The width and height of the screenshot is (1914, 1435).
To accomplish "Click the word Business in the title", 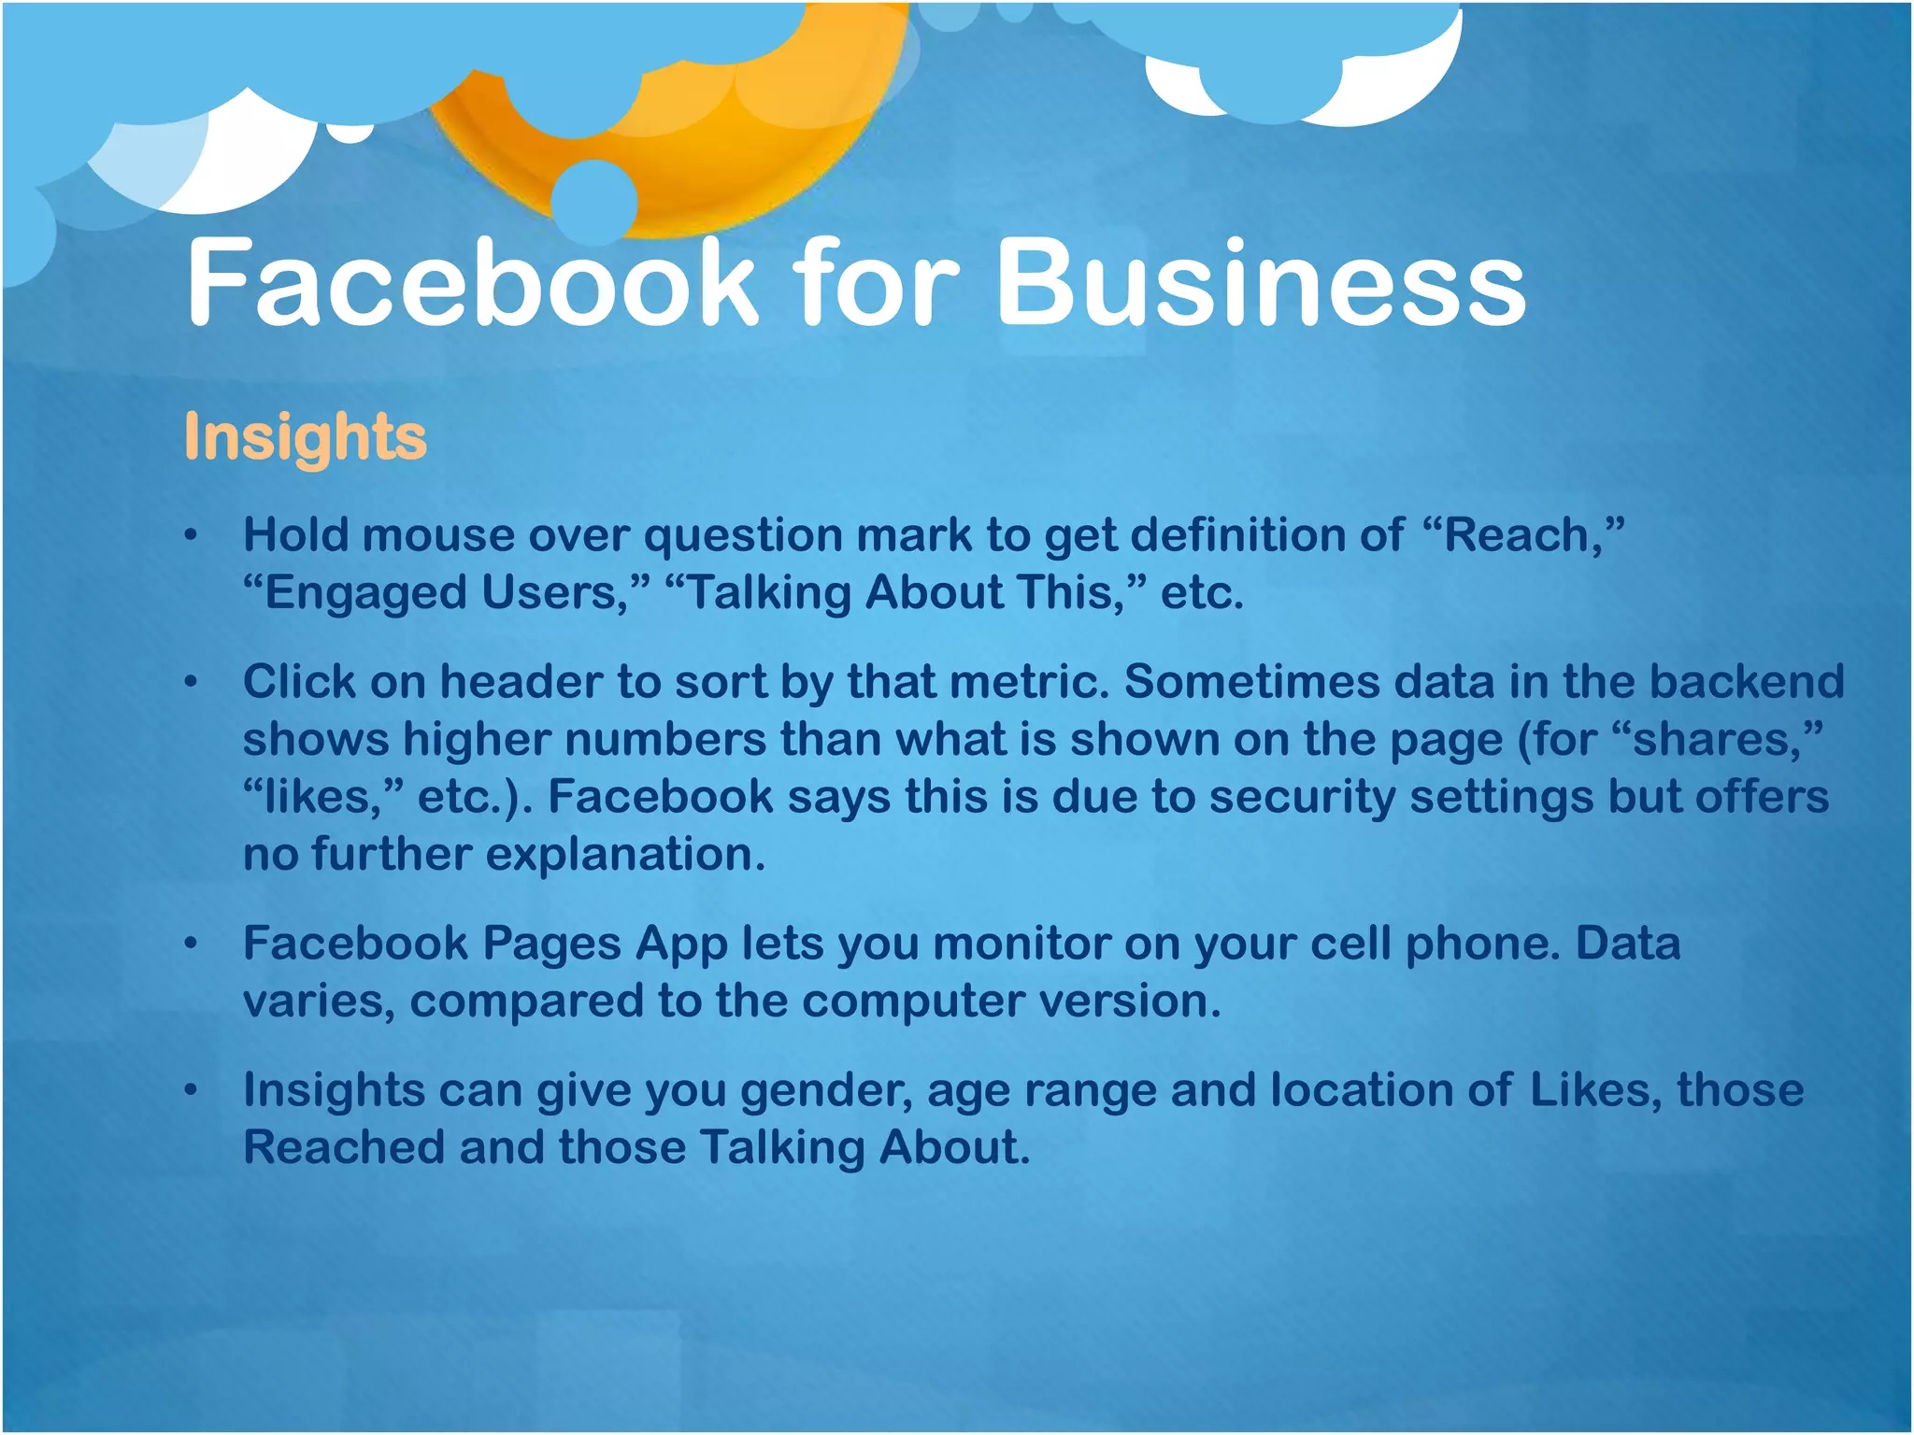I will tap(1261, 283).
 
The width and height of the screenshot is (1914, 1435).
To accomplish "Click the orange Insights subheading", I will tap(306, 437).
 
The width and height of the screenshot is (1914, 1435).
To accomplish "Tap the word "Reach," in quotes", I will tap(1522, 535).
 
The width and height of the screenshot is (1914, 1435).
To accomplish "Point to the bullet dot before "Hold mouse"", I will tap(192, 536).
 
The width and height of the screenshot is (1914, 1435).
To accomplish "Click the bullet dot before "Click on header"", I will tap(192, 683).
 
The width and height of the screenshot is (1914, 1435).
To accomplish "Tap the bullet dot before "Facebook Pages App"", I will tap(192, 945).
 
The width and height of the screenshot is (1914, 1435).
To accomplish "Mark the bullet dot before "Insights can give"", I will tap(192, 1090).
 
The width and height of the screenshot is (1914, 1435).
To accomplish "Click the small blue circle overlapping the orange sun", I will tap(594, 201).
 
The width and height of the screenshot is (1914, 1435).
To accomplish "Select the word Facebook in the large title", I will tap(471, 283).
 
